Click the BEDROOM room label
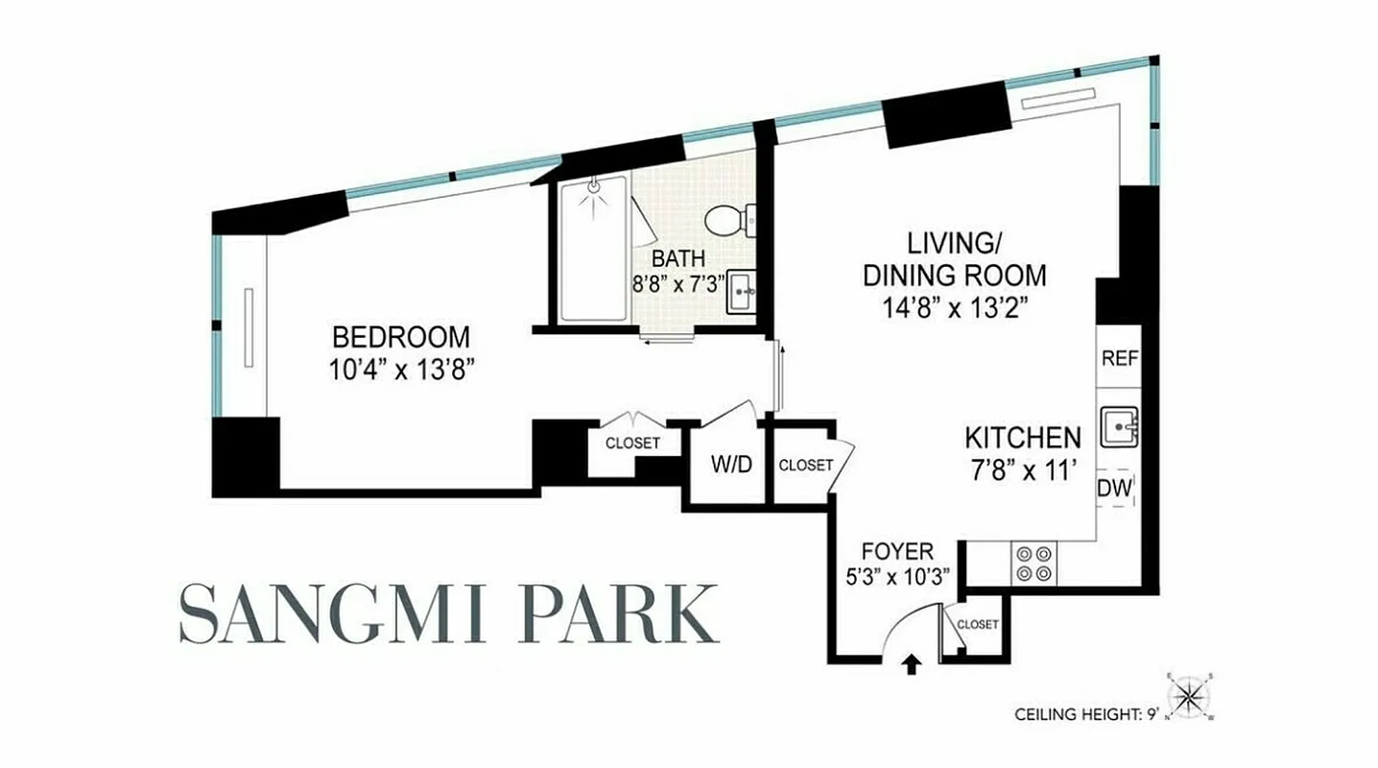[x=401, y=337]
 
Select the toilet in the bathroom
[x=729, y=219]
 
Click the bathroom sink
[x=741, y=291]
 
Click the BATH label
[x=678, y=258]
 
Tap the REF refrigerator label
[x=1119, y=359]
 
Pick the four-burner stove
[x=1033, y=563]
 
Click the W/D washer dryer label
[x=730, y=466]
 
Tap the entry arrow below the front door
[x=911, y=662]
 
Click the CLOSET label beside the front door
[x=977, y=624]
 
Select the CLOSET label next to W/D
[x=805, y=466]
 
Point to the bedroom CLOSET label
[x=632, y=444]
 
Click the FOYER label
[x=897, y=552]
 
